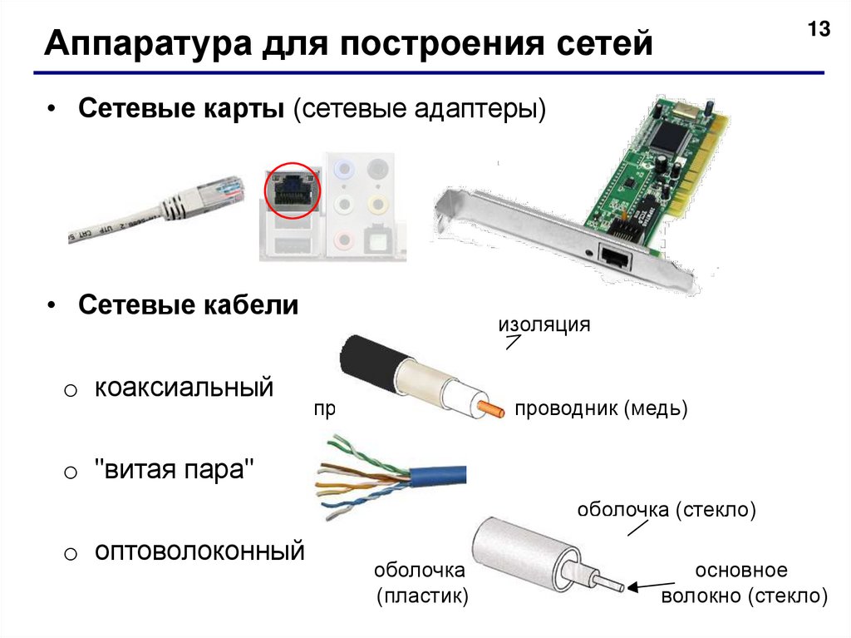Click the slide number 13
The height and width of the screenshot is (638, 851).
[819, 29]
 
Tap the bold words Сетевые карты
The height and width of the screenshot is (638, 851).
[181, 109]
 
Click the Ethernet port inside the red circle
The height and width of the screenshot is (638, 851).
[292, 190]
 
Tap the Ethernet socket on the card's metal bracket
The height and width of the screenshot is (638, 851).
[616, 255]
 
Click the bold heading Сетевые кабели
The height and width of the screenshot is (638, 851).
[189, 305]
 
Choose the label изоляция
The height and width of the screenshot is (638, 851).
[544, 324]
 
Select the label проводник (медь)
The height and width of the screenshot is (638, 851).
[601, 408]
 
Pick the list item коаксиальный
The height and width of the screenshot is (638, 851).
[184, 388]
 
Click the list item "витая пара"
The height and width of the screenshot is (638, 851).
[175, 469]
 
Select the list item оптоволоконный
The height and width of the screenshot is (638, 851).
[199, 551]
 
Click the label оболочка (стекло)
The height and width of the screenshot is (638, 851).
[667, 510]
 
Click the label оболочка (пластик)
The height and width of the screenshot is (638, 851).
[421, 583]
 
